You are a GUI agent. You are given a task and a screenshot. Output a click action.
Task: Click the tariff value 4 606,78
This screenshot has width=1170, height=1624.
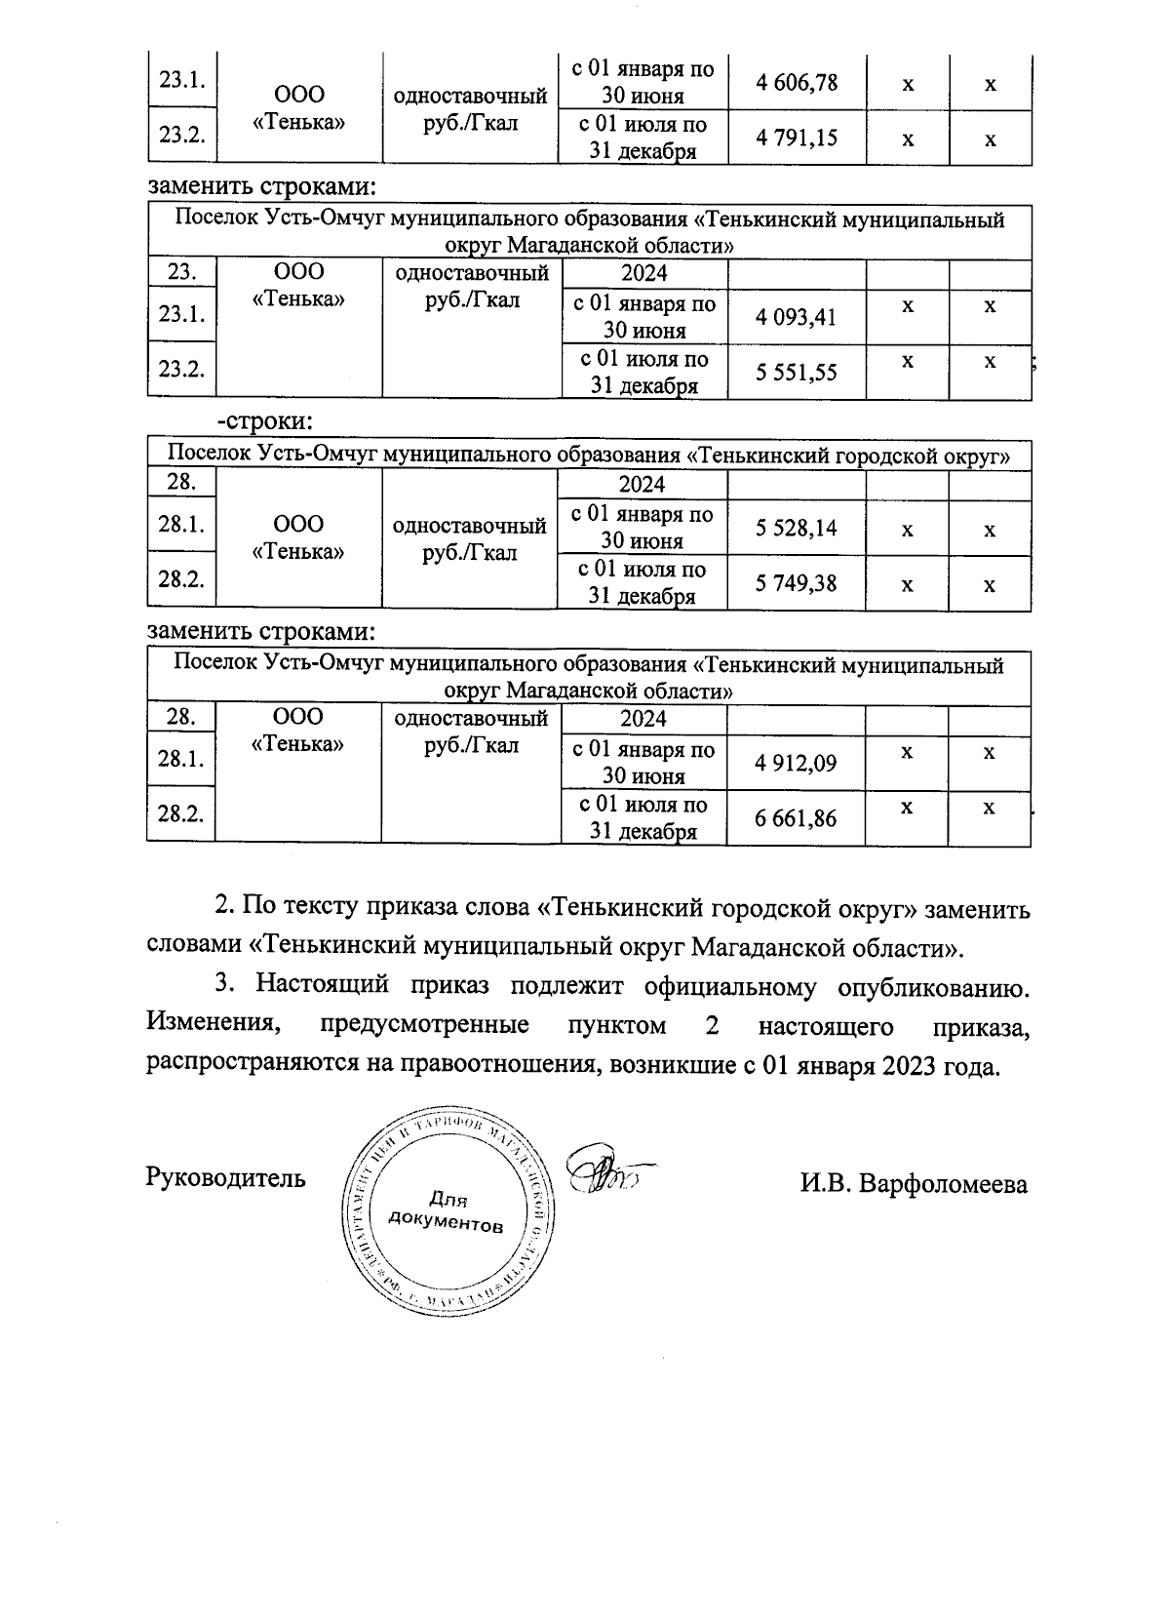coord(797,83)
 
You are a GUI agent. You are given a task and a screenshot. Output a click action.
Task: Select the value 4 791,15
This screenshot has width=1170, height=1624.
coord(797,138)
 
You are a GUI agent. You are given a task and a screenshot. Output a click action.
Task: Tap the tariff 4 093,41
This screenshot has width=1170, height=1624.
coord(796,317)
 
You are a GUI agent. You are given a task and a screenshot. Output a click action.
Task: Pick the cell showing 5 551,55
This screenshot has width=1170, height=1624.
coord(796,372)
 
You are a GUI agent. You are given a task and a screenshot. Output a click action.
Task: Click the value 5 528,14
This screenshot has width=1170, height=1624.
coord(797,529)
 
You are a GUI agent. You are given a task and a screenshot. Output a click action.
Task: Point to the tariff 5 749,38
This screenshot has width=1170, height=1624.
coord(797,583)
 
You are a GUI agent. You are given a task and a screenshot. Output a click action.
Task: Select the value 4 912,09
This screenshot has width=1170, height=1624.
coord(796,763)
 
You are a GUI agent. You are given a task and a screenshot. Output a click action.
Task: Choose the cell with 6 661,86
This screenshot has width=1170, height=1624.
coord(796,817)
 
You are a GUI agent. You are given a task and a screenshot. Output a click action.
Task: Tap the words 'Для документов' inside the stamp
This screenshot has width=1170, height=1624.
coord(447,1210)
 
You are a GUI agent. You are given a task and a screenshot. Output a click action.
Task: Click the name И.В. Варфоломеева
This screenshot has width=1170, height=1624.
coord(914,1184)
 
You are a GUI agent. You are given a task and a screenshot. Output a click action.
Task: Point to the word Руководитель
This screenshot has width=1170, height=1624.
coord(225,1177)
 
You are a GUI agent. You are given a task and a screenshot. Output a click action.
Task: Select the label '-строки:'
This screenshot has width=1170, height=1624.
coord(264,422)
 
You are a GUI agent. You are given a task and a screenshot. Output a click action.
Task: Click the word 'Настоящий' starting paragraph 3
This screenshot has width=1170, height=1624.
coord(321,986)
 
